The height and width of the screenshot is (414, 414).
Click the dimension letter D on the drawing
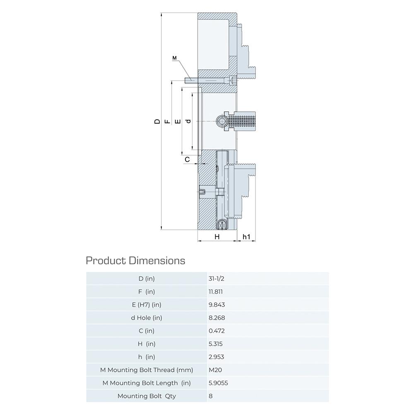coord(157,121)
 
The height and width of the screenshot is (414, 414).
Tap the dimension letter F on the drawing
coord(167,121)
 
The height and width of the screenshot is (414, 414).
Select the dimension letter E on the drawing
coord(178,121)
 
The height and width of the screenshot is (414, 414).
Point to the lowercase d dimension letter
coord(188,121)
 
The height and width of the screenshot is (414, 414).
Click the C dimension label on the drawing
coord(187,159)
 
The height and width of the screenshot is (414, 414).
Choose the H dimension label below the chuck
coord(217,237)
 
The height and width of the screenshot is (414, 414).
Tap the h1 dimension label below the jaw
coord(246,237)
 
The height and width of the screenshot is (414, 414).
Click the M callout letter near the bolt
coord(174,58)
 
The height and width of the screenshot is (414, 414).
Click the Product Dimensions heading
coord(135,260)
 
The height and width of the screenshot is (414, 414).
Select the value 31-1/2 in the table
coord(216,279)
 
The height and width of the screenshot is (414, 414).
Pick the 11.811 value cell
coord(215,291)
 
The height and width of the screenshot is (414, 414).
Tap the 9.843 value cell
coord(217,305)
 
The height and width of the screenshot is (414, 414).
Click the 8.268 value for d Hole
coord(217,318)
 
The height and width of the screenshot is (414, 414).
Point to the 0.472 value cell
coord(217,331)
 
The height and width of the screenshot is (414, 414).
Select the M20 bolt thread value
coord(215,370)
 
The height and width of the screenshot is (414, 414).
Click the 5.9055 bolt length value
coord(218,383)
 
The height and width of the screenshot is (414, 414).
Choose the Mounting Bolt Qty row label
coord(147,396)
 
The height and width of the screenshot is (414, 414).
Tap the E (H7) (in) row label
coord(147,305)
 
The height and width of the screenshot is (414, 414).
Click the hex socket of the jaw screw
coord(221,121)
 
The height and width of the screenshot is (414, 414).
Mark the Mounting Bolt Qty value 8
coord(210,396)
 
